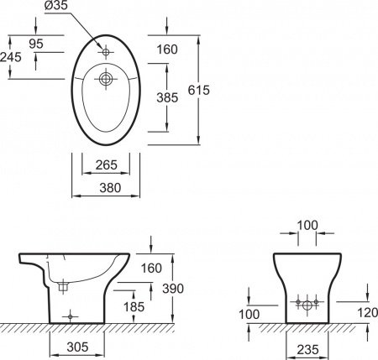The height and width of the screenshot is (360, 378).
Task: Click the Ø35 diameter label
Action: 56,6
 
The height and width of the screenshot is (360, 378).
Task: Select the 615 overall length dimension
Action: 198,90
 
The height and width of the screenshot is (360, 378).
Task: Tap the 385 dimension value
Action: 167,97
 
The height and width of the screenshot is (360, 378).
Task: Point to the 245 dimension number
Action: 11,57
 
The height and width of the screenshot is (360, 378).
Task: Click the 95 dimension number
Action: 36,44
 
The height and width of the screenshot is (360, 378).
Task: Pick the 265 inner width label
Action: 106,164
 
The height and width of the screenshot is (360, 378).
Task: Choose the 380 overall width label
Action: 110,188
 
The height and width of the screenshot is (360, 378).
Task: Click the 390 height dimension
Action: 173,289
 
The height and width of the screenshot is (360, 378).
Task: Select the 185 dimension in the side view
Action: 134,307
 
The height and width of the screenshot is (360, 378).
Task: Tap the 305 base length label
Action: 77,347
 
